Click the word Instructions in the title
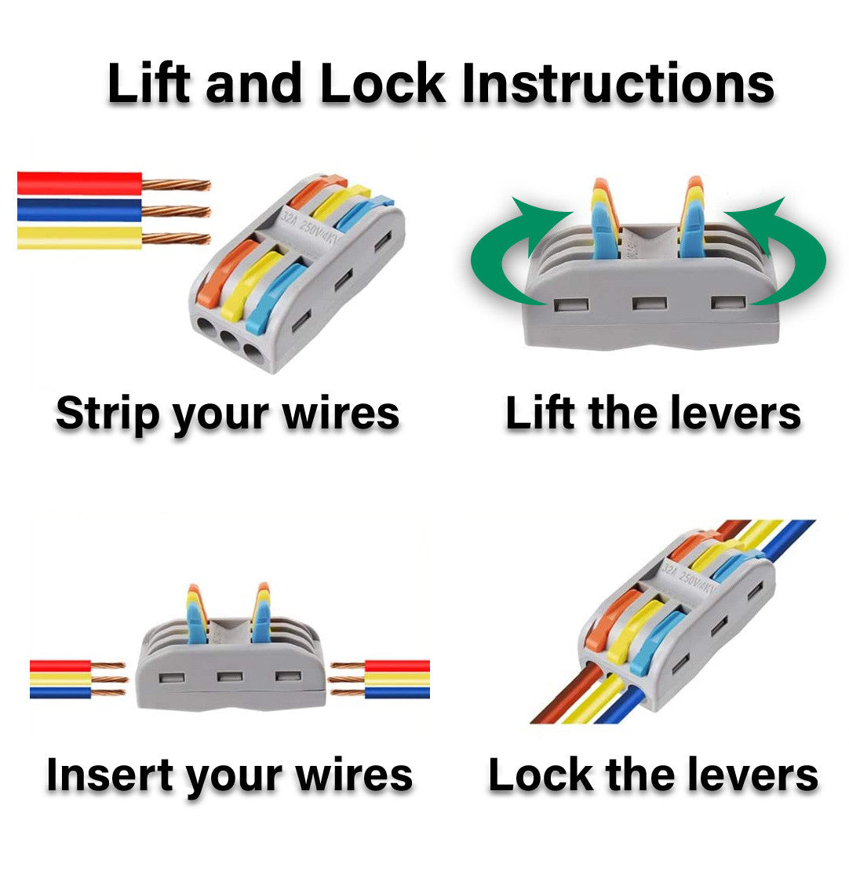coord(618,83)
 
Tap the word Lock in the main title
coord(382,83)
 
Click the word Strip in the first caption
coord(107,414)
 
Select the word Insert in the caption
coord(109,775)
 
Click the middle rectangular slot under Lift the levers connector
coord(649,304)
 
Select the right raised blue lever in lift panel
coord(692,229)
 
